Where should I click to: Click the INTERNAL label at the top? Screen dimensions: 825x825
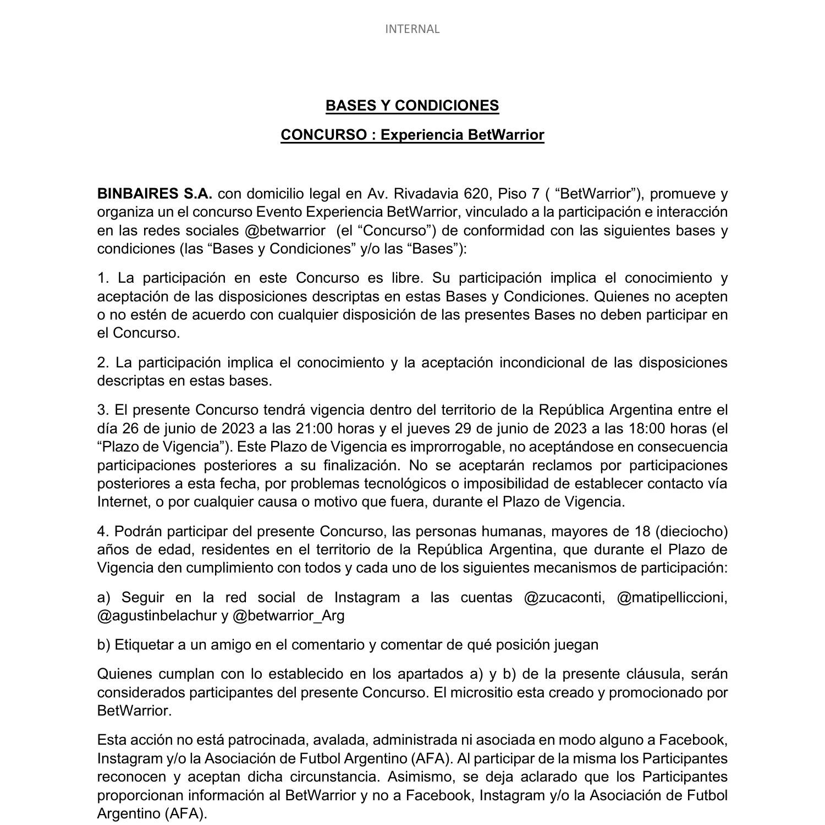tap(412, 29)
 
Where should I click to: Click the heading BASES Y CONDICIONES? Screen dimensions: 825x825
tap(412, 106)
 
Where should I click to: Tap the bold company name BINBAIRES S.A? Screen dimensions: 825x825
tap(155, 194)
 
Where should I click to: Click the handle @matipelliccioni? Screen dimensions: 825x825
tap(672, 597)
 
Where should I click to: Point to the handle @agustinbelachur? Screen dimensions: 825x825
tap(157, 615)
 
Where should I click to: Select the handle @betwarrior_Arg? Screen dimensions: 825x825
tap(289, 615)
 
